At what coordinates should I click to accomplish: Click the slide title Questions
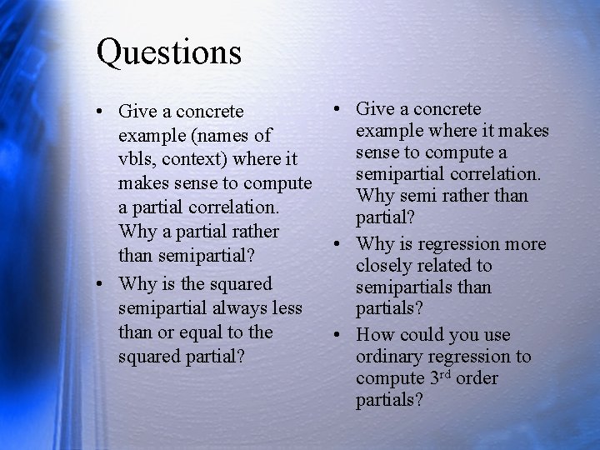coord(168,52)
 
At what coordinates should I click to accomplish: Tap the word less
coord(286,308)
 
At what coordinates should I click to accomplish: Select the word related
coord(446,266)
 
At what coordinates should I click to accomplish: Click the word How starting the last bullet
coord(374,335)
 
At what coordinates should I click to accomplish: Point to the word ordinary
coord(390,357)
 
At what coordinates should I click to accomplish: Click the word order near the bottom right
coord(477,378)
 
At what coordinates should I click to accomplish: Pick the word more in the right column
coord(525,244)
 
